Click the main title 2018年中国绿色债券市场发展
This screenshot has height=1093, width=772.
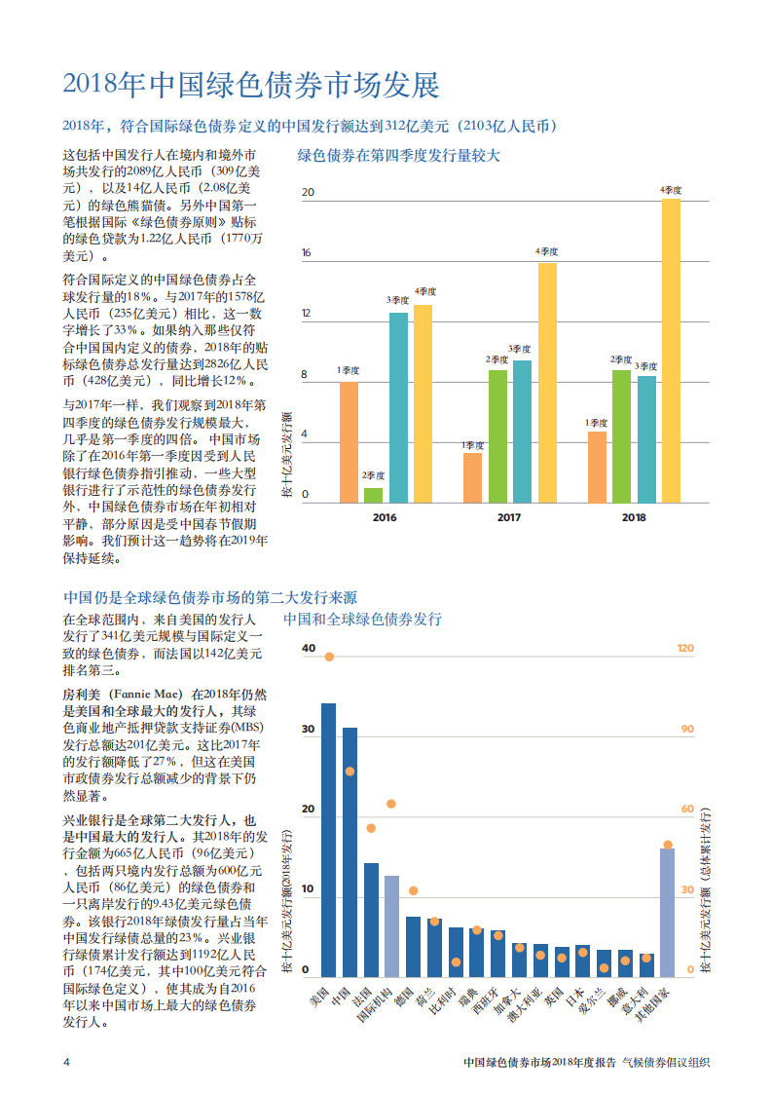[x=251, y=86]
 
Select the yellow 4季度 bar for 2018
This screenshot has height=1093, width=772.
[x=671, y=351]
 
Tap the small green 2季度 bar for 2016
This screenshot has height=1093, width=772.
[x=373, y=495]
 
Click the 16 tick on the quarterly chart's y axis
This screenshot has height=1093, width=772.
[x=307, y=253]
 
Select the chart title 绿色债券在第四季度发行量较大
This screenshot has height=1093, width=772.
[x=398, y=155]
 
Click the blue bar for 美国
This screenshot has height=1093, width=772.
[x=328, y=840]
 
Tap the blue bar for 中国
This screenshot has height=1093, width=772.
[x=349, y=851]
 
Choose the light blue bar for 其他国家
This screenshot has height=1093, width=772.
[x=667, y=912]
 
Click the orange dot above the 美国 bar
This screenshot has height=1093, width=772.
[x=329, y=657]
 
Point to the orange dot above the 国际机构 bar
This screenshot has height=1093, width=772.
[x=391, y=804]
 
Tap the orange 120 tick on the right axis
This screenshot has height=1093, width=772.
[x=685, y=649]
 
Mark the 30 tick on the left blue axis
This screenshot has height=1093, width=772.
[x=309, y=730]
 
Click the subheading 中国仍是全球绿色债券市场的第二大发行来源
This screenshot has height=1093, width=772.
[x=216, y=597]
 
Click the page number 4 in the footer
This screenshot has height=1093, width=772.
[x=66, y=1062]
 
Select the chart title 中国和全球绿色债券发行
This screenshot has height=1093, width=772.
[x=362, y=619]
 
